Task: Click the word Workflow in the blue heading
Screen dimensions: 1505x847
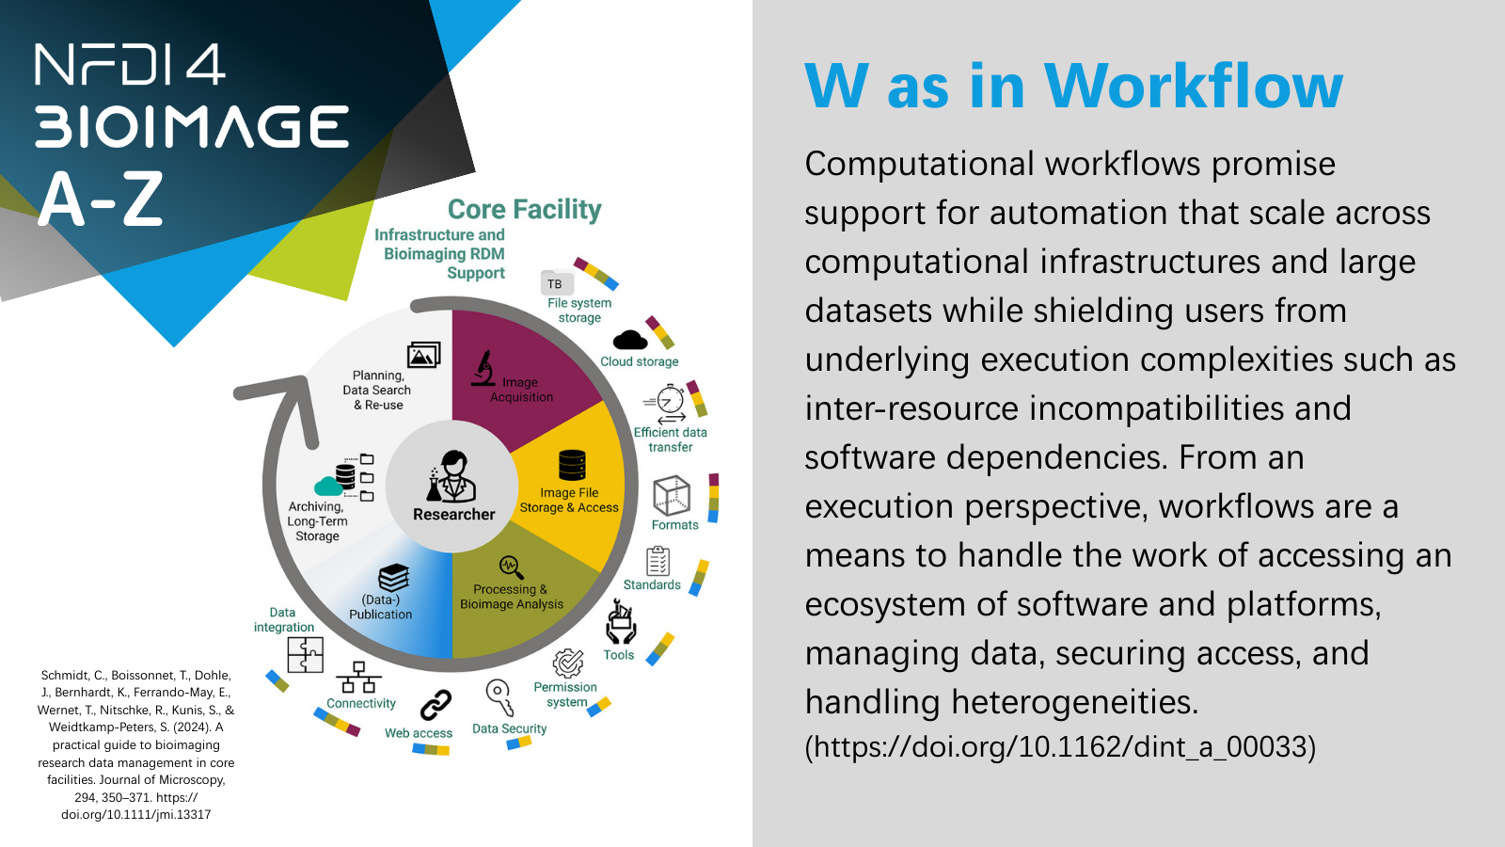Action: pyautogui.click(x=1194, y=86)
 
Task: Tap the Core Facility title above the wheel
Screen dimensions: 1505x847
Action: pyautogui.click(x=524, y=209)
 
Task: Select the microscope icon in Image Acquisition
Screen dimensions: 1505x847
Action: pyautogui.click(x=483, y=368)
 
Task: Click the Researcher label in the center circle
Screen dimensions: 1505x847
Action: pyautogui.click(x=453, y=514)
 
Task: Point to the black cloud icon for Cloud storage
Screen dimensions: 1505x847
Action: pyautogui.click(x=630, y=340)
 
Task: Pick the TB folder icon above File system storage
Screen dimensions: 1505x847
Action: pyautogui.click(x=557, y=282)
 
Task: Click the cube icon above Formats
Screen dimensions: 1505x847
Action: pyautogui.click(x=672, y=495)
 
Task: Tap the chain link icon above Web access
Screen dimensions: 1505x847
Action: pyautogui.click(x=436, y=705)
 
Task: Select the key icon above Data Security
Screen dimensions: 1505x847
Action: pyautogui.click(x=500, y=697)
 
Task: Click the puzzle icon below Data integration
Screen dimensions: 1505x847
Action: pyautogui.click(x=305, y=655)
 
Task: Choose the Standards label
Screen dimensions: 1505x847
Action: pyautogui.click(x=652, y=584)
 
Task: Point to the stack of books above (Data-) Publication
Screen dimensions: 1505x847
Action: pyautogui.click(x=394, y=577)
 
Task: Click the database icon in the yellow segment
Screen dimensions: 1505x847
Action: pyautogui.click(x=572, y=465)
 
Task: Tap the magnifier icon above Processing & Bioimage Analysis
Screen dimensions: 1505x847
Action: pyautogui.click(x=511, y=567)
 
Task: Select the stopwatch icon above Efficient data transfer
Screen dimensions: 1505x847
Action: pyautogui.click(x=666, y=403)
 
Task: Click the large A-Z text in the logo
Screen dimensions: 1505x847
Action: pyautogui.click(x=102, y=199)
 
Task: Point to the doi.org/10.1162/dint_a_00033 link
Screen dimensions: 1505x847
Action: pyautogui.click(x=1060, y=746)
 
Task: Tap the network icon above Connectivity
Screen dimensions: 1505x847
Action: pyautogui.click(x=358, y=677)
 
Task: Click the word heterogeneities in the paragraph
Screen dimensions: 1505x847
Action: pyautogui.click(x=1064, y=702)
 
